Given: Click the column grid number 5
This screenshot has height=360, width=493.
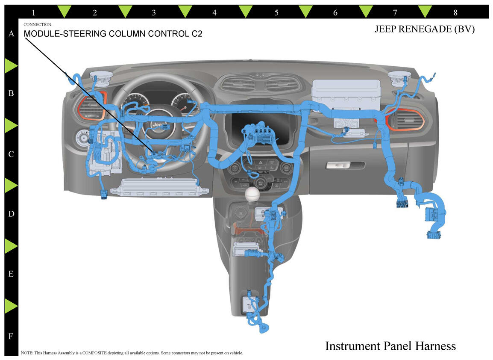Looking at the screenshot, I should [x=276, y=13].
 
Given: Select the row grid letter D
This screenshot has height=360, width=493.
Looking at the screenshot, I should [x=12, y=214].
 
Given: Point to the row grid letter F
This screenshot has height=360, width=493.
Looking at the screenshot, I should [x=12, y=336].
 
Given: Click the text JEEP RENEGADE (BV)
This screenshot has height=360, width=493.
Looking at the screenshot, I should [x=425, y=30].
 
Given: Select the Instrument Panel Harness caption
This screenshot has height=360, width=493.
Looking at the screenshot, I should [x=390, y=345].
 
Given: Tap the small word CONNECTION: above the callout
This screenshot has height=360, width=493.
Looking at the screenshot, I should [x=38, y=24].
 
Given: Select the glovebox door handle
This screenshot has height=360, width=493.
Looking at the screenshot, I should [x=345, y=165].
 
